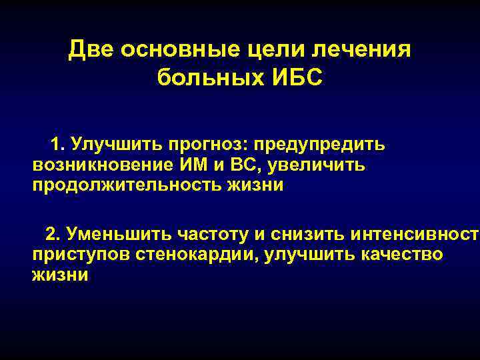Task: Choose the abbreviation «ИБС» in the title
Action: [297, 77]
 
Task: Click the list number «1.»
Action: [58, 144]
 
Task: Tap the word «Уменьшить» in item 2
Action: [118, 235]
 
